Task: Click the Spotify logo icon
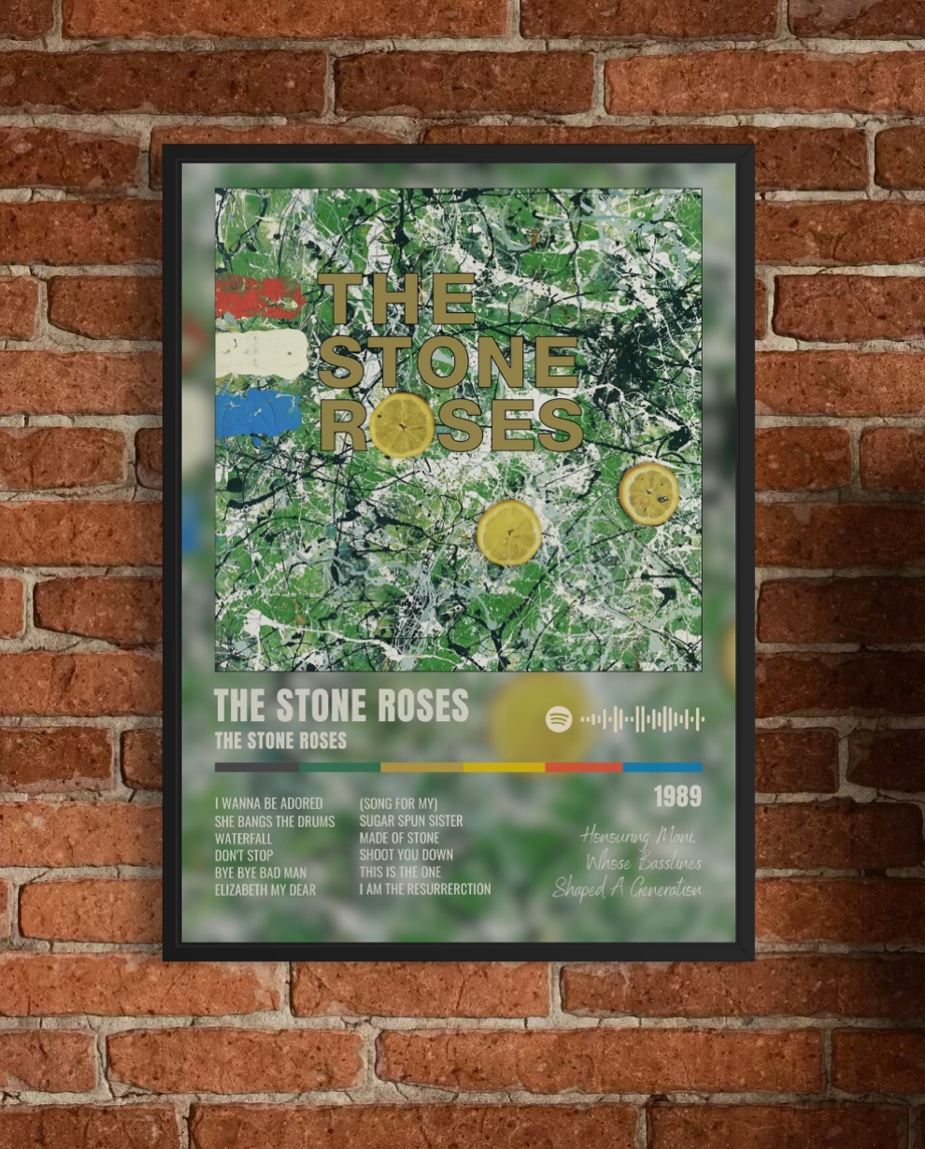(x=559, y=719)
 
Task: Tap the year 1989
(x=677, y=797)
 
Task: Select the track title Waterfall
(x=243, y=838)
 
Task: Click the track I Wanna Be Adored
(x=268, y=803)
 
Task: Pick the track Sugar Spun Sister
(x=410, y=821)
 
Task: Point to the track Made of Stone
(x=399, y=838)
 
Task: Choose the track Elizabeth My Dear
(x=264, y=889)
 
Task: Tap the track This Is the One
(x=400, y=872)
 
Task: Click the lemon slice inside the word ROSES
(x=403, y=424)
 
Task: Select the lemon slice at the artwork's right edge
(x=649, y=493)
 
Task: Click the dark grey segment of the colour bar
(x=256, y=767)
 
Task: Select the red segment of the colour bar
(x=583, y=767)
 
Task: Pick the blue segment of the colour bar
(x=662, y=767)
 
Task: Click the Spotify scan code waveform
(x=642, y=719)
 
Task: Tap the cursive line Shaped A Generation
(x=626, y=888)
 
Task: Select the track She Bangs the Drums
(x=274, y=821)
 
